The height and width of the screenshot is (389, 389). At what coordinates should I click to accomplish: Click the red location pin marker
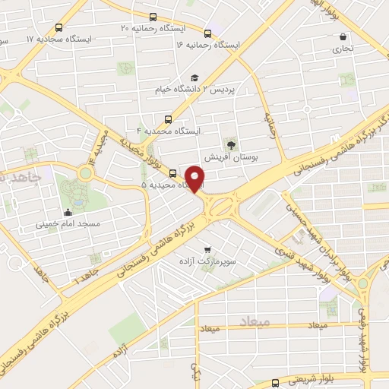pos(197,179)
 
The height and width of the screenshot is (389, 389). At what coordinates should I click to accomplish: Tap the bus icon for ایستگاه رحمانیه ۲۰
pos(153,17)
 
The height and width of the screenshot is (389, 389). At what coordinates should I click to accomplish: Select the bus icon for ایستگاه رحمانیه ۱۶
pos(207,33)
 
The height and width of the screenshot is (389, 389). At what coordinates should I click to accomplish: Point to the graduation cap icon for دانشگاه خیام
pos(194,78)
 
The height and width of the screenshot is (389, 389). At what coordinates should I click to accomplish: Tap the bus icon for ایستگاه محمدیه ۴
pos(168,119)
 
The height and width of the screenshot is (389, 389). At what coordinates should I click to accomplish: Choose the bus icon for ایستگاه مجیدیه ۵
pos(173,173)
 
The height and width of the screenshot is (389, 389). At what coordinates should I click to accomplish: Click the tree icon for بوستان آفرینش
pos(230,144)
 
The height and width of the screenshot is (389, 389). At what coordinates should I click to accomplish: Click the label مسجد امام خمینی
pos(69,225)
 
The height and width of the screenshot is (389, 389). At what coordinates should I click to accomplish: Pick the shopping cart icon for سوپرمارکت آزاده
pos(207,248)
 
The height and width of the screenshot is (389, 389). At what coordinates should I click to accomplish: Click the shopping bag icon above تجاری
pos(343,36)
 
